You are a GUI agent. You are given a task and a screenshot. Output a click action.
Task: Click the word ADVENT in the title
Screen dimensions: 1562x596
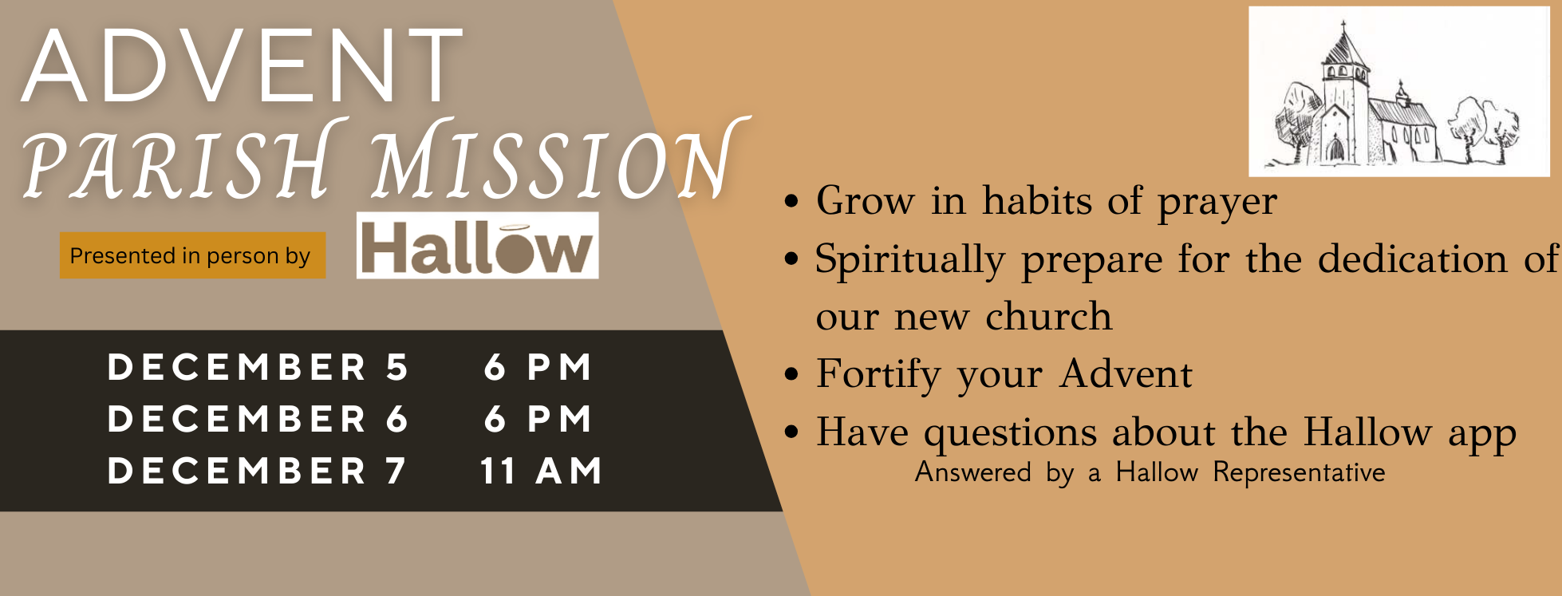point(243,65)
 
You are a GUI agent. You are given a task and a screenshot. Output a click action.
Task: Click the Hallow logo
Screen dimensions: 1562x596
point(477,245)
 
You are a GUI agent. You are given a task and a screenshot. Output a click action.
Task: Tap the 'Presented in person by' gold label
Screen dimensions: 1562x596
point(192,255)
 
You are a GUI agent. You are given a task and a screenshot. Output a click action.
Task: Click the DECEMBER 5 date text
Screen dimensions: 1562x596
point(258,367)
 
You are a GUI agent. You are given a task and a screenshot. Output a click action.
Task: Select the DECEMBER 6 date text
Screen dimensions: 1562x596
point(258,419)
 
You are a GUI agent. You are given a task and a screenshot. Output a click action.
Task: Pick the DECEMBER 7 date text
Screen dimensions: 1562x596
point(257,471)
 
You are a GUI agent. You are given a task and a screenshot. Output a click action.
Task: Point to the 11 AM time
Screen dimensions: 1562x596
point(541,471)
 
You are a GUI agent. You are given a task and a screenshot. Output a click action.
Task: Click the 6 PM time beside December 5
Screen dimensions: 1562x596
point(538,367)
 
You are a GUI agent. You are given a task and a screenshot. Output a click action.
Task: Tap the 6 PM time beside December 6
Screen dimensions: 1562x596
point(538,419)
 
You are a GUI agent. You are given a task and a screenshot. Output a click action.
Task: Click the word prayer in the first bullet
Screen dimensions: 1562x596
point(1217,202)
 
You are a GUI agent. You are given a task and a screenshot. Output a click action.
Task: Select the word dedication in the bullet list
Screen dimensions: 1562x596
point(1413,259)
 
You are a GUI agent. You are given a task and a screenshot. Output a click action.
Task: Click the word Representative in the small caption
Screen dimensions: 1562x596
point(1299,472)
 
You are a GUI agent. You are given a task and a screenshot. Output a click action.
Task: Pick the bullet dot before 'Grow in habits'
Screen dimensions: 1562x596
point(791,201)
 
